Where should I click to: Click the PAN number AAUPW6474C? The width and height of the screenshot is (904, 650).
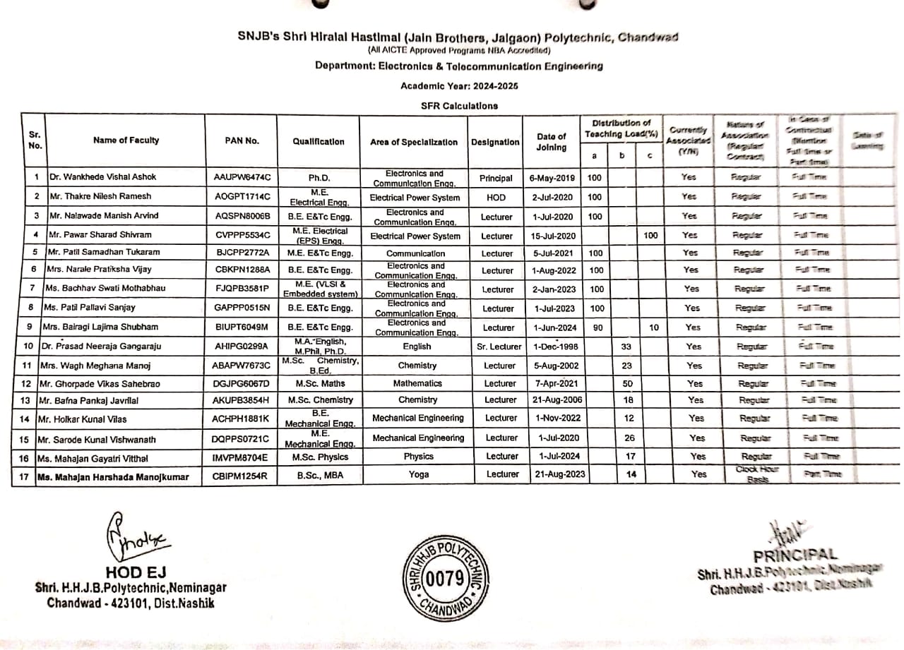coord(242,177)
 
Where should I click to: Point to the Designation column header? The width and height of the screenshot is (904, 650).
coord(495,142)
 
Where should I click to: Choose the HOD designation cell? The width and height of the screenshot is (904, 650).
coord(496,198)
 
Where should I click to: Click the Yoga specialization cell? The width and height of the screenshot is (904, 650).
coord(418,474)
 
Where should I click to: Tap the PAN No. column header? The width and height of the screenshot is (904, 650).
coord(242,140)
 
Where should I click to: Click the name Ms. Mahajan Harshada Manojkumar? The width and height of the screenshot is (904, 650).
coord(113,477)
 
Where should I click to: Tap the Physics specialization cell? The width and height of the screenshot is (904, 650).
coord(418,457)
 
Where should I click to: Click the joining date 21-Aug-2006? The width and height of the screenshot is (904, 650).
coord(557,399)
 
